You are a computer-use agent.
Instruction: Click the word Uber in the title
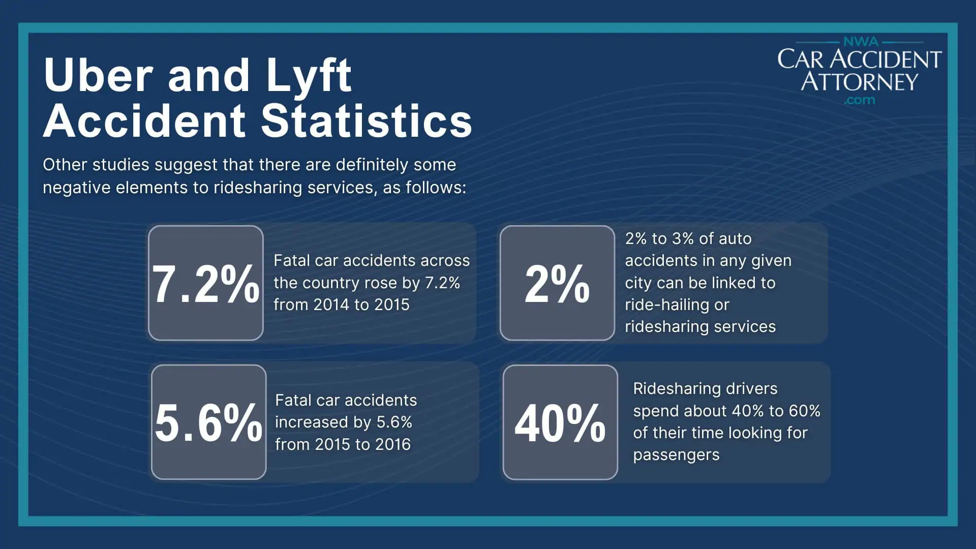tap(98, 75)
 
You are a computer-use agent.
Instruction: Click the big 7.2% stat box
tap(205, 283)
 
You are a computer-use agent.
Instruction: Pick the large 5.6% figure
tap(208, 422)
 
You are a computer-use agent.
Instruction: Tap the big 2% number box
tap(557, 283)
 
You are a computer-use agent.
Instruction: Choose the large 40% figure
tap(560, 422)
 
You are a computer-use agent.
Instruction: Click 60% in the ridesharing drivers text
tap(804, 411)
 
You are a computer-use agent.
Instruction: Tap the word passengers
tap(676, 454)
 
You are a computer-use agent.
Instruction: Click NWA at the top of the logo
tap(861, 41)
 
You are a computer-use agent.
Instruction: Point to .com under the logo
tap(859, 100)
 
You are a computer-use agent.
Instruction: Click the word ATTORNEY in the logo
tap(859, 81)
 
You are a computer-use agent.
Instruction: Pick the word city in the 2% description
tap(638, 283)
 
